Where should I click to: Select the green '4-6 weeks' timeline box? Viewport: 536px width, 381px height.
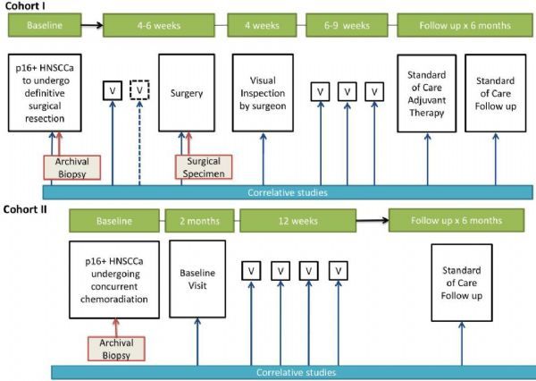(160, 26)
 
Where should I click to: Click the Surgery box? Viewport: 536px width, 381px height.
(186, 93)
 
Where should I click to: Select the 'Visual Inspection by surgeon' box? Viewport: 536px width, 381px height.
(263, 93)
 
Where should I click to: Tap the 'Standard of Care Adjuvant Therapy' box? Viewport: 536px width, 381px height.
(425, 93)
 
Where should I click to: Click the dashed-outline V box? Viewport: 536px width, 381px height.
(139, 90)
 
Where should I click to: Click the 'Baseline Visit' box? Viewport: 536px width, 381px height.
(197, 278)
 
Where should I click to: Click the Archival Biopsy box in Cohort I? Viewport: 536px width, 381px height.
(71, 166)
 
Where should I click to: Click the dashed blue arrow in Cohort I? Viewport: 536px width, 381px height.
(139, 143)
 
